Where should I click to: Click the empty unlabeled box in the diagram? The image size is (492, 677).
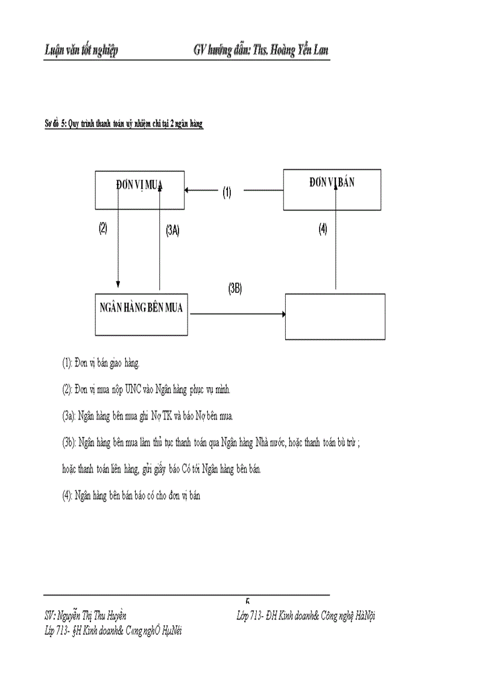(335, 316)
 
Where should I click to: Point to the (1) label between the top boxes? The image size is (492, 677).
(227, 192)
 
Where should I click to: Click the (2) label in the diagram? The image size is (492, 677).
(103, 228)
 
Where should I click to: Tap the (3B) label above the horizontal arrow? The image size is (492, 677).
(235, 289)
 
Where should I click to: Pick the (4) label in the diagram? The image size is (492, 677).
(323, 229)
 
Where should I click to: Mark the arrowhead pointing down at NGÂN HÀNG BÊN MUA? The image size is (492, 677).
(118, 285)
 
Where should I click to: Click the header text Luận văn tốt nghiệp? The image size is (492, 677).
(81, 50)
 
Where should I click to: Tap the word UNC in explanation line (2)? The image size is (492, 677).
(134, 389)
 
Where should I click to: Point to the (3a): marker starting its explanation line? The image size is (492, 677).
(69, 416)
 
